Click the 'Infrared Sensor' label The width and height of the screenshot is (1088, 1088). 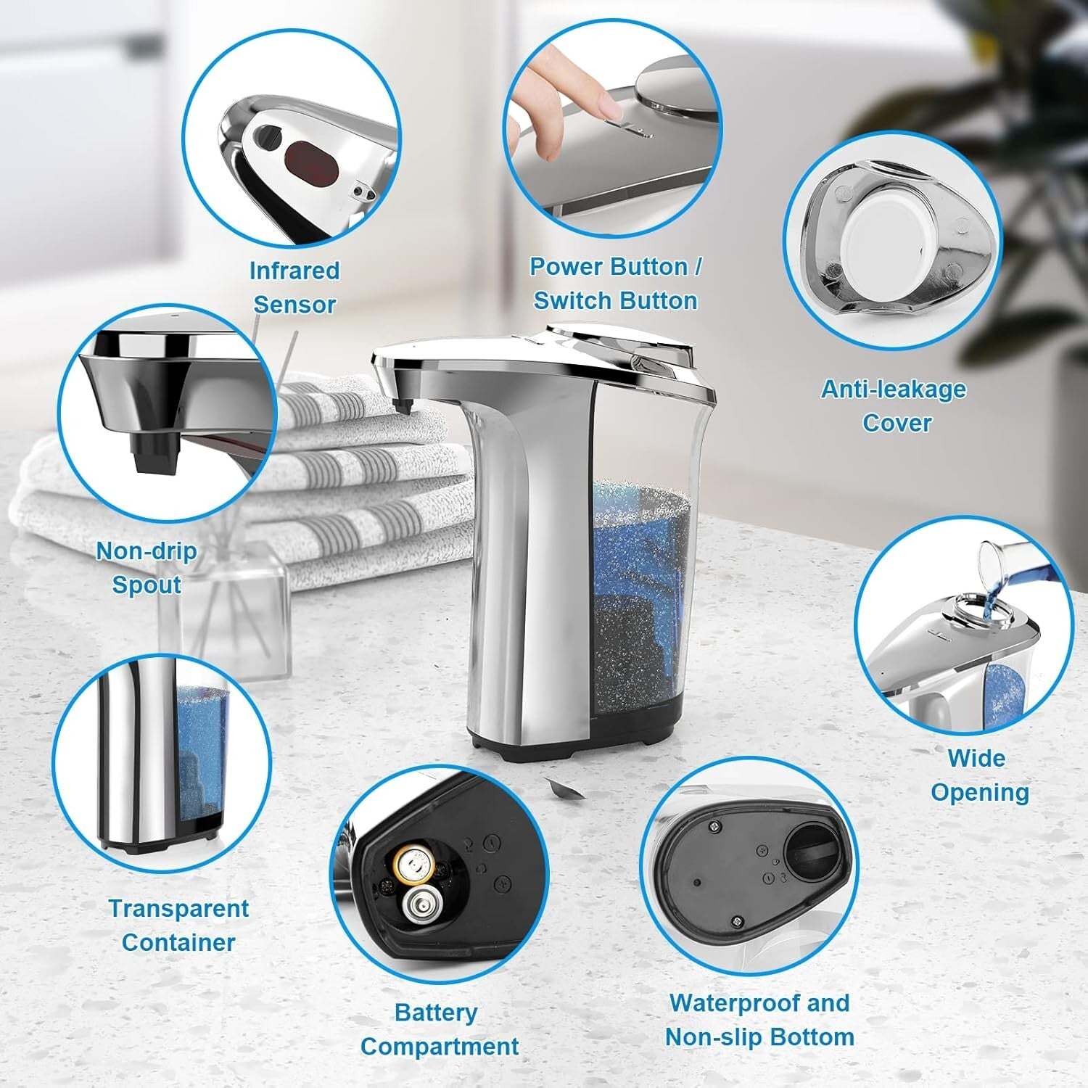click(x=294, y=287)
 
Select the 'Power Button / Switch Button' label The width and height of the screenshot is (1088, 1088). click(x=615, y=284)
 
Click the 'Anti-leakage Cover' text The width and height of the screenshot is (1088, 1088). click(x=894, y=405)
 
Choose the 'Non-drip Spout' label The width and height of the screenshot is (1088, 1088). click(x=147, y=567)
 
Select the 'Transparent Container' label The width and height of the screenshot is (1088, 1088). click(x=178, y=925)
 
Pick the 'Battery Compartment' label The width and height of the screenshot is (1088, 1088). click(x=439, y=1029)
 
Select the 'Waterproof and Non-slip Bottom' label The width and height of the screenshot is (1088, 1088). click(x=759, y=1020)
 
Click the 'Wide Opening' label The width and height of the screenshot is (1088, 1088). click(x=979, y=775)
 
